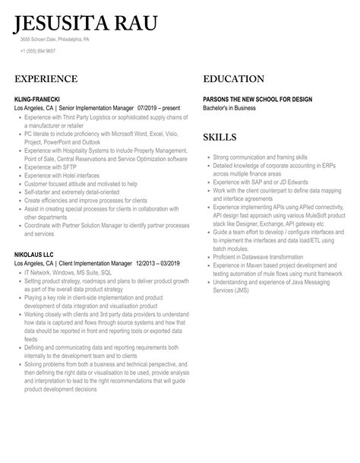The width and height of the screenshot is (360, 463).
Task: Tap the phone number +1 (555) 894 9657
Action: (38, 51)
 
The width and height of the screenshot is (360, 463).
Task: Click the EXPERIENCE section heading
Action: (46, 79)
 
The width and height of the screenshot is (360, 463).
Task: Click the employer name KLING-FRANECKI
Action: (40, 98)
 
